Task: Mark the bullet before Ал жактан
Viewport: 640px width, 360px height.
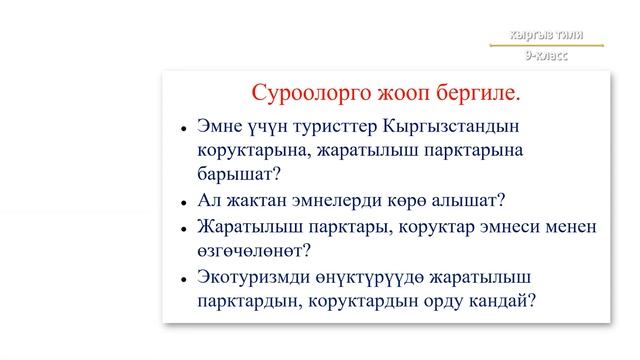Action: click(x=183, y=201)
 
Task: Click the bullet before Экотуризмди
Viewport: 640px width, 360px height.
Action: click(x=183, y=277)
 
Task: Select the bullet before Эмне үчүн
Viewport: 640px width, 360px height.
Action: click(x=183, y=130)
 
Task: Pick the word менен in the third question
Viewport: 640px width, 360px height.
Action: click(x=572, y=227)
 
